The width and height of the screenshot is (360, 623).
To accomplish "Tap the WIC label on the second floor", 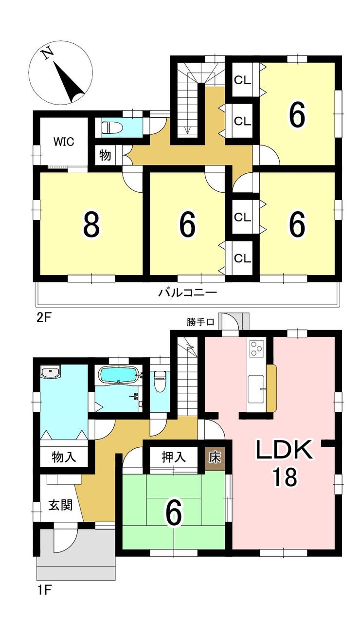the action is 64,142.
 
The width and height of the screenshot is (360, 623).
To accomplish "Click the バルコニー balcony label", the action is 187,293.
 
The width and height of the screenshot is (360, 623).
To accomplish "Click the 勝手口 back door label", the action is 200,322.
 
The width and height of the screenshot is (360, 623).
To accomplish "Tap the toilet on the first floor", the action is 160,377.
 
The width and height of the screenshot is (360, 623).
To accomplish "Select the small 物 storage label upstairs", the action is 105,155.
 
